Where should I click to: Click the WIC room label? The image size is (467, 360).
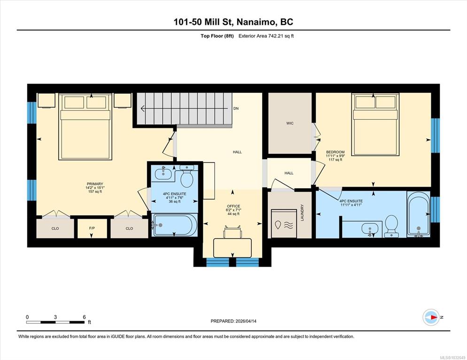(x=290, y=123)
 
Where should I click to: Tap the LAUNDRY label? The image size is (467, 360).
(x=302, y=213)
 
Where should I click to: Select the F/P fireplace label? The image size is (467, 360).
(x=92, y=228)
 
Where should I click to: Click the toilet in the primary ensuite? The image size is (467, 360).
(x=187, y=176)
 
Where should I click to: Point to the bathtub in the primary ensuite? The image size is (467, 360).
(x=174, y=225)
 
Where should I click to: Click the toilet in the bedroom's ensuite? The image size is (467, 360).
(x=392, y=226)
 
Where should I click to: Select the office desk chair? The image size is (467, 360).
(x=233, y=232)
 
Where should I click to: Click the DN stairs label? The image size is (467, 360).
(x=236, y=108)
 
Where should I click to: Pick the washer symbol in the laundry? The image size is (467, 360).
(x=284, y=223)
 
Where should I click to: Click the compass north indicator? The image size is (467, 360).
(x=431, y=317)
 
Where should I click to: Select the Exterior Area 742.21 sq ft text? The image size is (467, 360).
(x=266, y=36)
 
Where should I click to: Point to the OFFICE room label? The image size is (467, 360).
(x=233, y=206)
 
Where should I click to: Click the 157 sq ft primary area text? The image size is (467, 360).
(x=95, y=191)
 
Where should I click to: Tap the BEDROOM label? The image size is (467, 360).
(x=335, y=152)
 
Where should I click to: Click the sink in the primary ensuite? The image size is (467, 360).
(x=163, y=173)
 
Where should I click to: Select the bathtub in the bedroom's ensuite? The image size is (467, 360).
(x=419, y=214)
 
